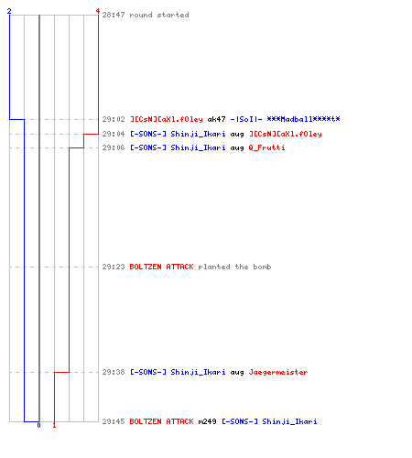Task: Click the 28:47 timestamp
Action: [114, 15]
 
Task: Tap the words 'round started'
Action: [159, 15]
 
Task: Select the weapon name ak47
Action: [216, 119]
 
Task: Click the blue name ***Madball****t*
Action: [303, 119]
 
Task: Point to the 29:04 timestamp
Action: [114, 134]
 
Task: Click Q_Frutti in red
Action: [266, 147]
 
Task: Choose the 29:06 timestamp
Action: [114, 147]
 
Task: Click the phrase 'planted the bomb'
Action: [234, 267]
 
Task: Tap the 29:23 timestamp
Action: [114, 267]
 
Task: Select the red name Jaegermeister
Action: [278, 372]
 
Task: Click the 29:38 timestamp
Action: [114, 372]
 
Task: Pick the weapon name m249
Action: [207, 421]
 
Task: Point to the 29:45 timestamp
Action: [114, 421]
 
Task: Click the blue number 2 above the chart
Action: [9, 11]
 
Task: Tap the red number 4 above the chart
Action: [98, 11]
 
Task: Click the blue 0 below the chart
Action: [38, 425]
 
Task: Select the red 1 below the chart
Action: [54, 425]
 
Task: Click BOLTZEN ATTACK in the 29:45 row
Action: [161, 421]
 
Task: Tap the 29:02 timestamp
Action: [114, 119]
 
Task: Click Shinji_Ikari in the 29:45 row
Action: [289, 421]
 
